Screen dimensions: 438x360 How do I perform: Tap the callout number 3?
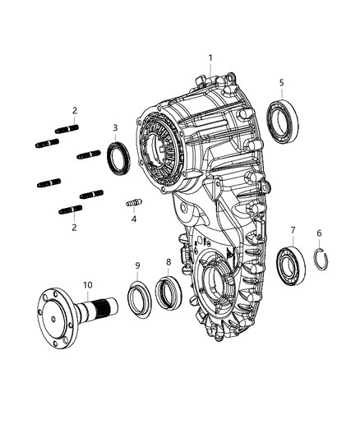tap(116, 127)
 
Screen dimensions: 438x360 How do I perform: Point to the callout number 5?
tap(282, 82)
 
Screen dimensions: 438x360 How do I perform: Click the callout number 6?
tap(320, 233)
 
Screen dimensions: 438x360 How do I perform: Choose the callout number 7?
tap(292, 229)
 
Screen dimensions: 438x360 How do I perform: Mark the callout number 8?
tap(168, 263)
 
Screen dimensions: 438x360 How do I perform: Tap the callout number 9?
tap(138, 265)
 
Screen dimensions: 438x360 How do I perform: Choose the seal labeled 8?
tap(167, 291)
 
